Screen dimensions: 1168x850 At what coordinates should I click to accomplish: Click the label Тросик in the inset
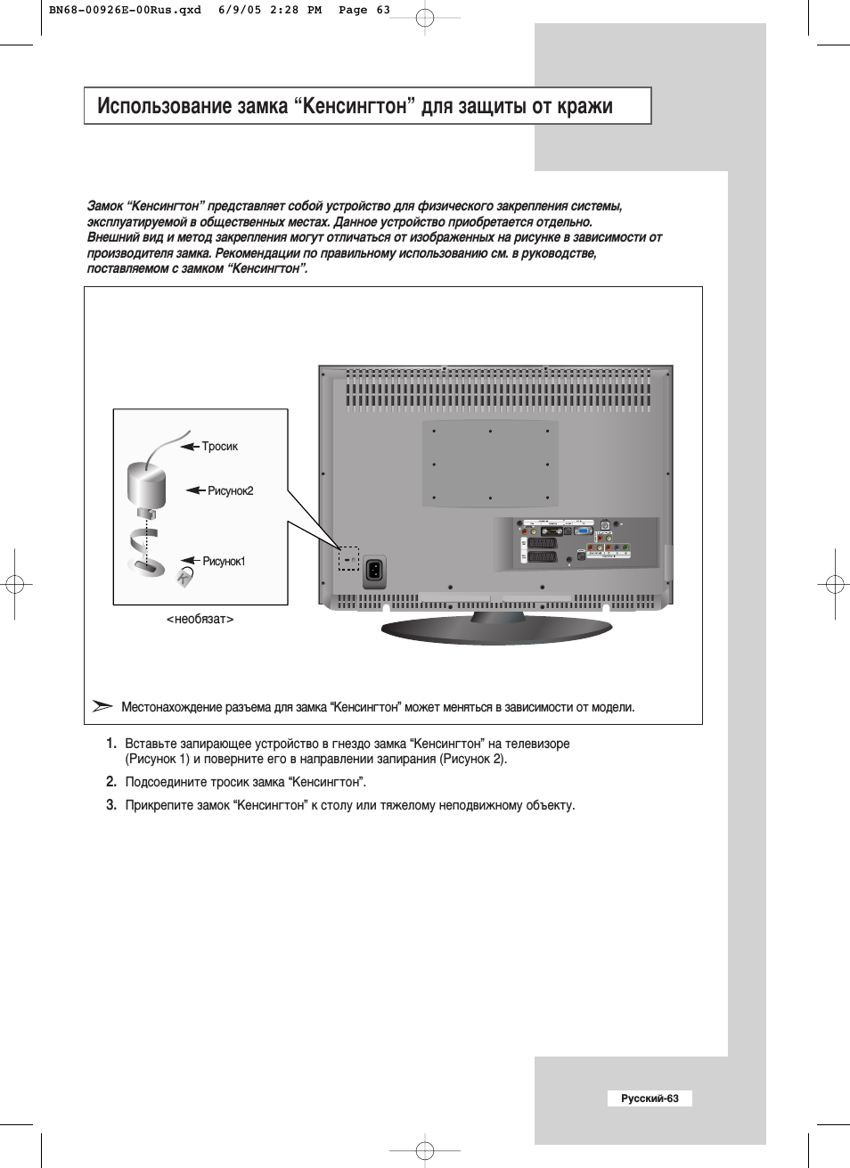click(219, 447)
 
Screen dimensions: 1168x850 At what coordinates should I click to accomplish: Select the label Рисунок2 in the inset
click(230, 491)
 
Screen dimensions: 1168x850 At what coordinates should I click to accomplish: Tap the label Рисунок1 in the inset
click(224, 562)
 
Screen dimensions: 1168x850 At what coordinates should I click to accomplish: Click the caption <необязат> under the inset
click(200, 619)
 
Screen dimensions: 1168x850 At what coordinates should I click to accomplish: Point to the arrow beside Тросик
click(189, 446)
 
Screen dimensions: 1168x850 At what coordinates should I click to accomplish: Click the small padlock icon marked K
click(184, 577)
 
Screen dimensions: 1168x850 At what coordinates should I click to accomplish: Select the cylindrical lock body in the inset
click(146, 484)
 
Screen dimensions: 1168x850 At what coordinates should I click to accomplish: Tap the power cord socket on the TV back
click(375, 572)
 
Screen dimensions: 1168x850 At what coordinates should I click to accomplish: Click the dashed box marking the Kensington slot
click(348, 559)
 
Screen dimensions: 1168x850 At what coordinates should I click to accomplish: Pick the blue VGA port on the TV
click(584, 531)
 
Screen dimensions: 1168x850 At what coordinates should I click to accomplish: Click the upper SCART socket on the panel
click(542, 542)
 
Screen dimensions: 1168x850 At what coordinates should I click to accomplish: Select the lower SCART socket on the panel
click(542, 557)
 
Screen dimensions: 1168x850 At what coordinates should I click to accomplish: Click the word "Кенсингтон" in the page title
click(355, 106)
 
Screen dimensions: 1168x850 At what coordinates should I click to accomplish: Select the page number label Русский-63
click(650, 1098)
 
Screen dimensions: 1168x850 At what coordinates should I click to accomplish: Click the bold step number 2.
click(111, 782)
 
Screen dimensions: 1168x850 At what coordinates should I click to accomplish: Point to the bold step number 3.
click(111, 805)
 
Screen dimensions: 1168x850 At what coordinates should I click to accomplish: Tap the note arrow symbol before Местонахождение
click(102, 706)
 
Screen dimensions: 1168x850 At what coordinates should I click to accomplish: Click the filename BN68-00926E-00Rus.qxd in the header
click(125, 11)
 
